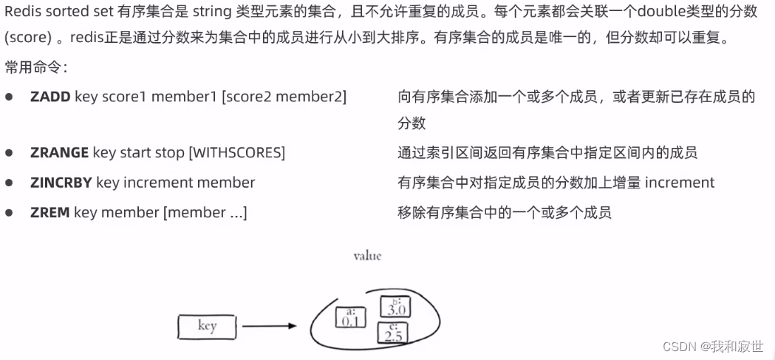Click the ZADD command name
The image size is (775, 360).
[49, 97]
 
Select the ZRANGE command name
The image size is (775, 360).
[59, 153]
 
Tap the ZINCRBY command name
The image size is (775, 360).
[61, 183]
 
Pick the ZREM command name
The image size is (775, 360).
[49, 213]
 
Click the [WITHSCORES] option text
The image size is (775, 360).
[236, 153]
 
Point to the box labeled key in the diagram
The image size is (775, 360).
[207, 326]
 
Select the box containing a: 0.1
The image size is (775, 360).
[351, 317]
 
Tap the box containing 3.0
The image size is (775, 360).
[395, 306]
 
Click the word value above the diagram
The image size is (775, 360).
[367, 256]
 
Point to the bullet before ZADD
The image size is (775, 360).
[9, 98]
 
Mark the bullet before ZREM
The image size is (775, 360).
[9, 213]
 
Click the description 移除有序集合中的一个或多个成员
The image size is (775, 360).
[505, 213]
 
